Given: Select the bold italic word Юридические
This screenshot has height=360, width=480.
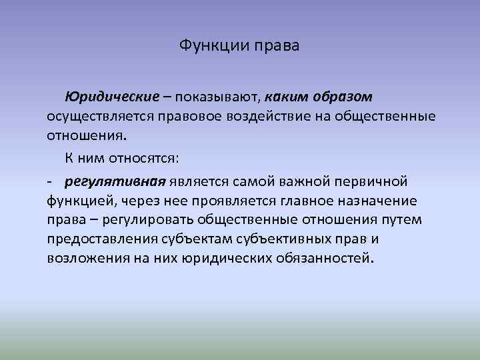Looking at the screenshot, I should click(x=111, y=97).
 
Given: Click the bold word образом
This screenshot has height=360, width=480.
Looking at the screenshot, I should click(x=344, y=97).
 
